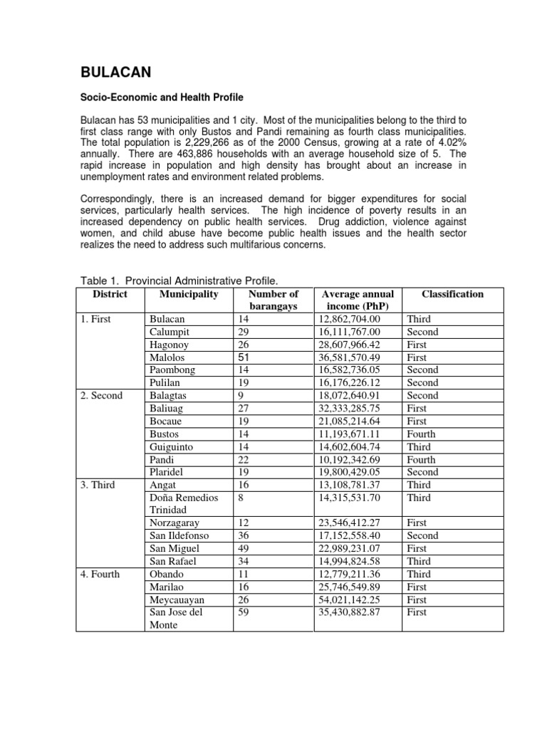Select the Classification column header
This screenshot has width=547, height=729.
(x=452, y=294)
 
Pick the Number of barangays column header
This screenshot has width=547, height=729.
(x=273, y=300)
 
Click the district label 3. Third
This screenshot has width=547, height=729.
(x=97, y=486)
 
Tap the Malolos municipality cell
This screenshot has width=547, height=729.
(x=165, y=357)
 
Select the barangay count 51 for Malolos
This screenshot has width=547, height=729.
(x=244, y=357)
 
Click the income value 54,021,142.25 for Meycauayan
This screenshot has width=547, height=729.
(x=356, y=599)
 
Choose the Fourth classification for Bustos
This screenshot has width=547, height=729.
(x=421, y=434)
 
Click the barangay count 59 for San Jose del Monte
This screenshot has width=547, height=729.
(x=244, y=612)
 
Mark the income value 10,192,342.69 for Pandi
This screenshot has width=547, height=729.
(x=356, y=460)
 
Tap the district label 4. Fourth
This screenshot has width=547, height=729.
(x=100, y=574)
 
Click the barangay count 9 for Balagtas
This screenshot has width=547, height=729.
(x=241, y=396)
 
